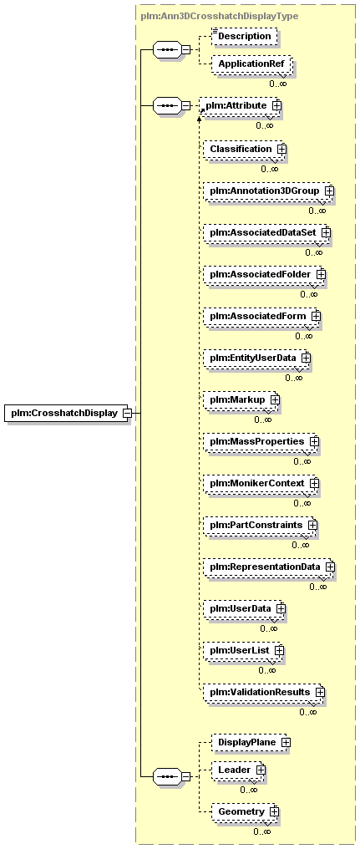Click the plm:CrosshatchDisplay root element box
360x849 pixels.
67,413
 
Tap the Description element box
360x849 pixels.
244,36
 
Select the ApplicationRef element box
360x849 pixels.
251,64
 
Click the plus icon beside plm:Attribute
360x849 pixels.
276,105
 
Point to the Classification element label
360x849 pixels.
241,149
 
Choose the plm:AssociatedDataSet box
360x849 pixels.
267,232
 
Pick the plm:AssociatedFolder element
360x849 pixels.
265,275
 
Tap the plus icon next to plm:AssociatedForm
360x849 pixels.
316,316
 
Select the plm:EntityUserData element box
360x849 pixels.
257,358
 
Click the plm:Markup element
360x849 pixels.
241,399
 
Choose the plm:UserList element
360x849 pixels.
244,650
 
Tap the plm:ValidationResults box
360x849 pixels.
264,692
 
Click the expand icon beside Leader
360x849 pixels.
261,769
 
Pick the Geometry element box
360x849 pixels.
246,811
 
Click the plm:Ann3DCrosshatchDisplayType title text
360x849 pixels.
219,16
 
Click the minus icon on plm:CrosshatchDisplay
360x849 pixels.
127,413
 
